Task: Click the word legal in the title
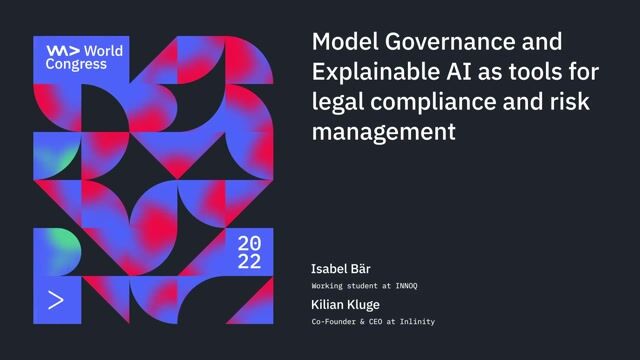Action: (x=339, y=101)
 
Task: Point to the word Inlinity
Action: (x=415, y=321)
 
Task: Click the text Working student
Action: (x=345, y=286)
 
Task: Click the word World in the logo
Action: (x=105, y=49)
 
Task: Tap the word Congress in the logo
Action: (x=76, y=63)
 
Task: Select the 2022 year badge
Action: (x=249, y=252)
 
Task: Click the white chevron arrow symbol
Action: (x=56, y=300)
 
